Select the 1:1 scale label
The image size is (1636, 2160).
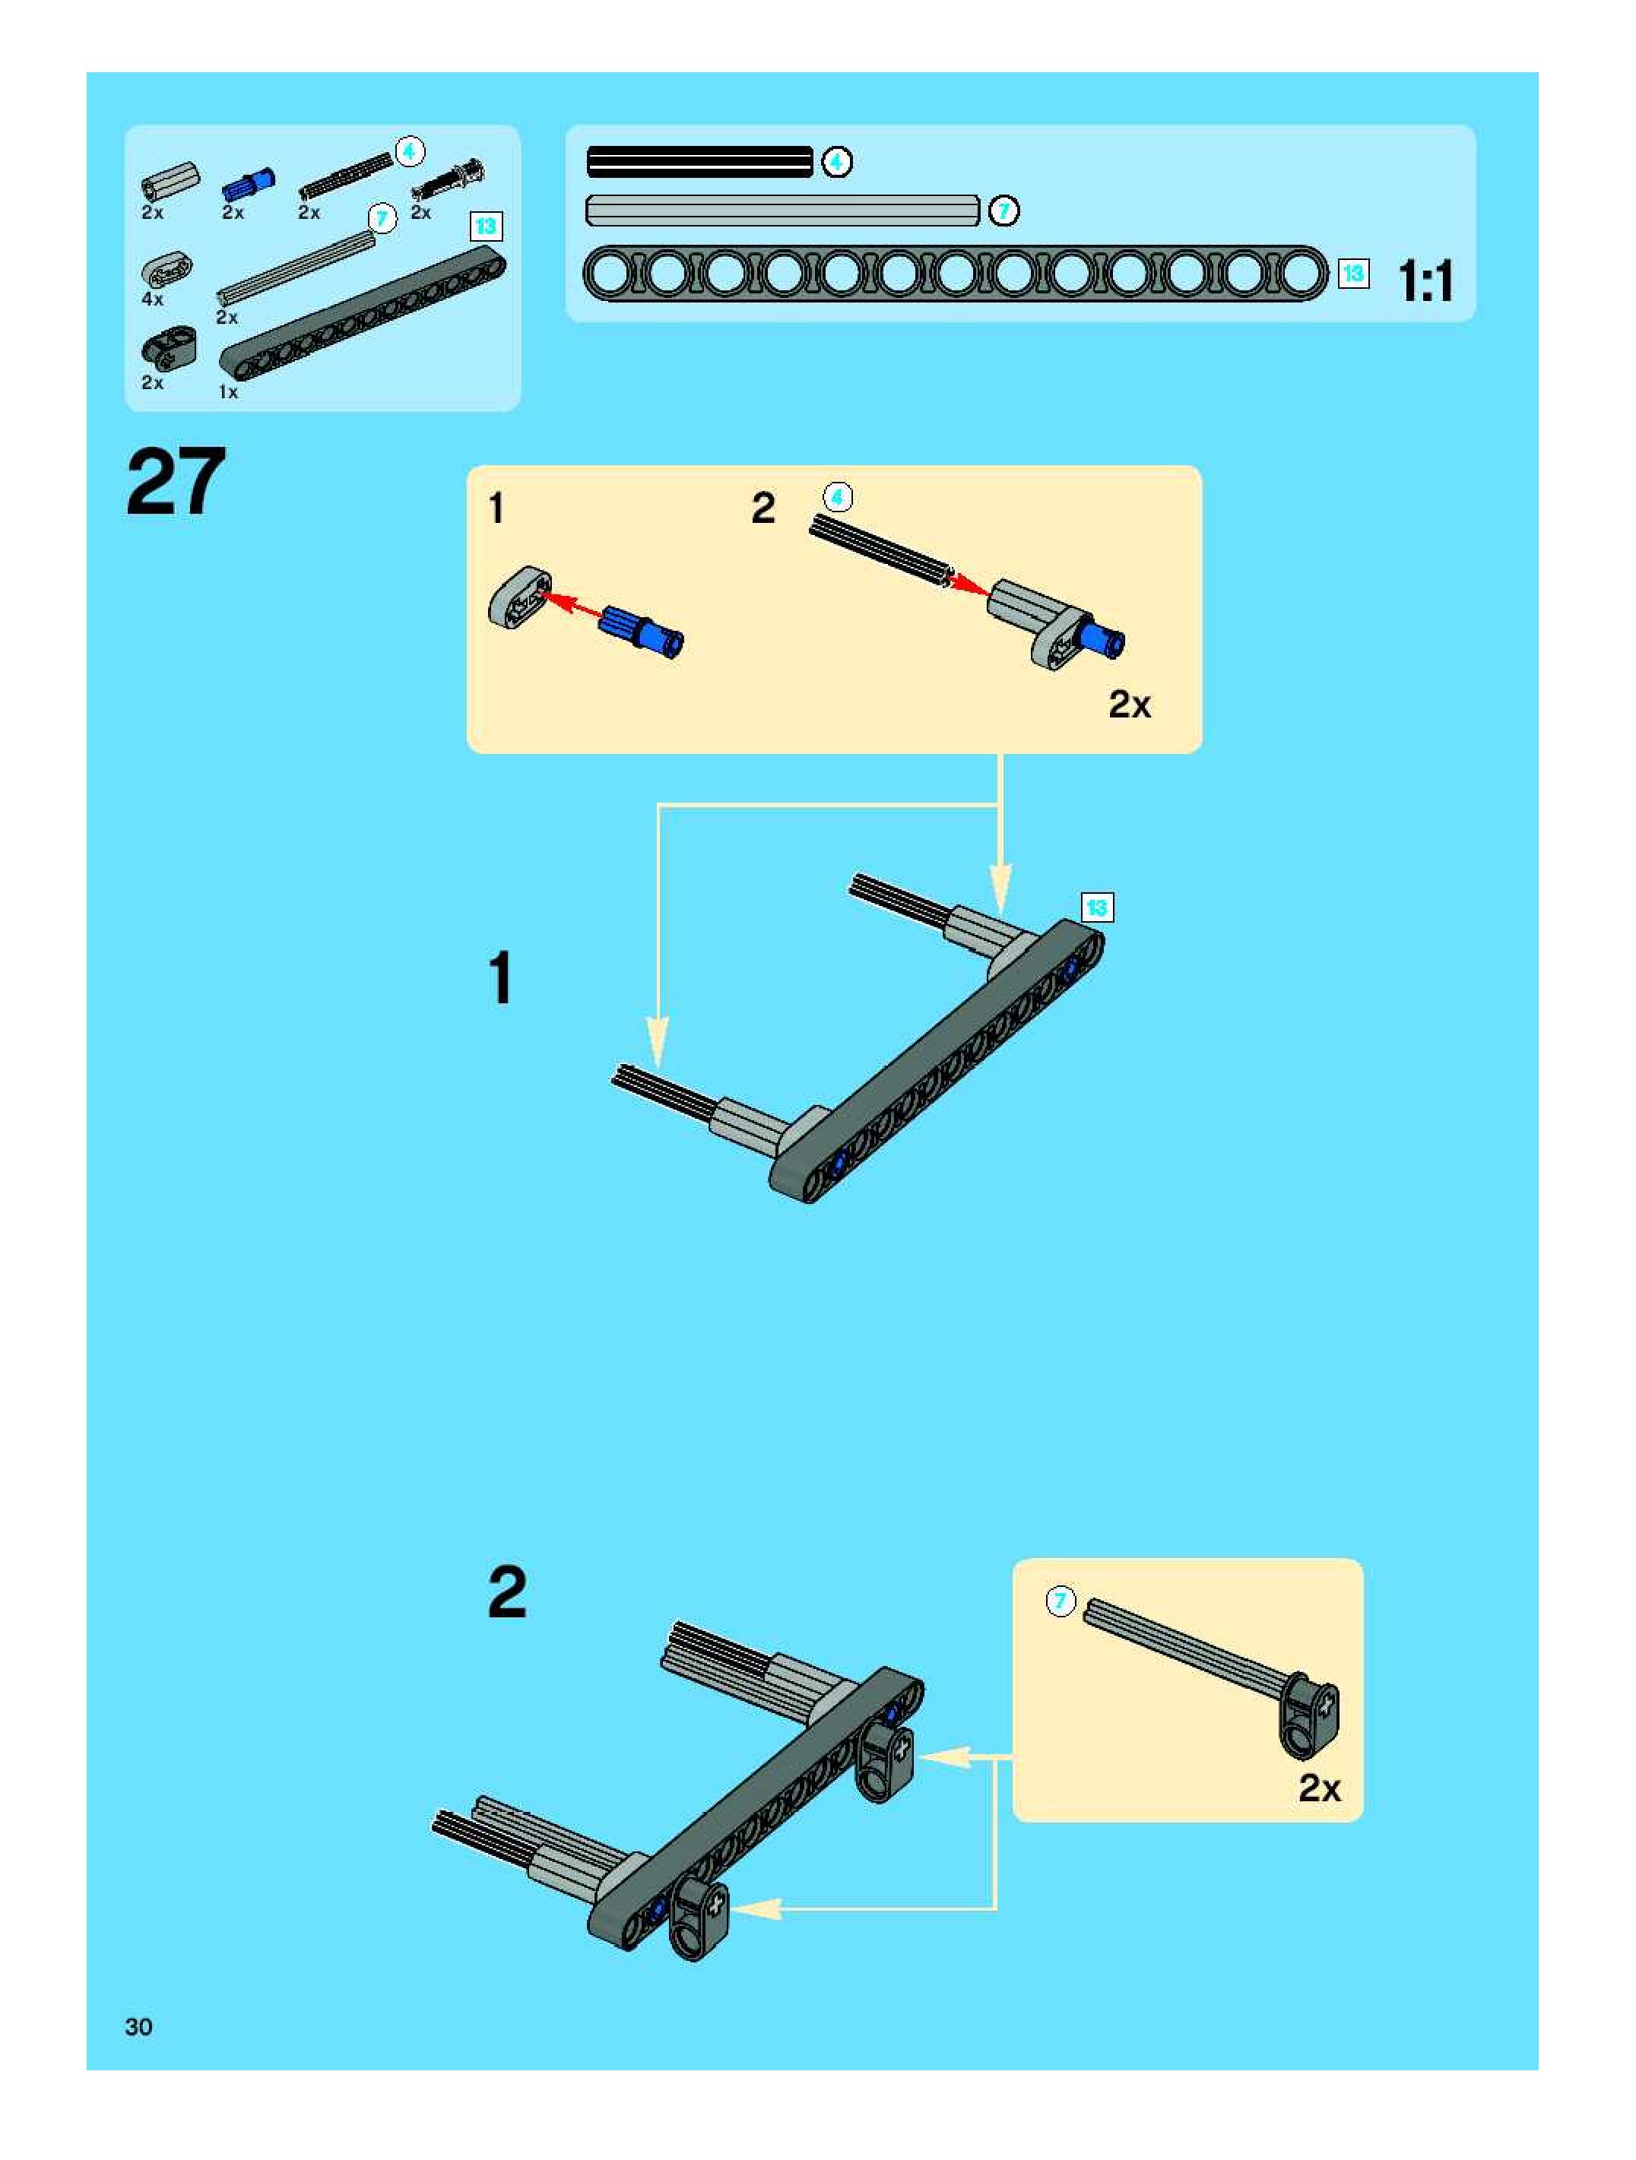coord(1426,281)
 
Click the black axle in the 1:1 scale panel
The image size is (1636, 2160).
coord(699,162)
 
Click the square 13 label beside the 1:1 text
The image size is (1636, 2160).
coord(1352,274)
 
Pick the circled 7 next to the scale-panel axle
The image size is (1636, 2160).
coord(1003,211)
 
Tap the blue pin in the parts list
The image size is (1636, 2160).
coord(248,184)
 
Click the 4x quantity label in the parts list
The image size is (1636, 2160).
coord(152,299)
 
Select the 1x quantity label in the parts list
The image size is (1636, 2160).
coord(227,391)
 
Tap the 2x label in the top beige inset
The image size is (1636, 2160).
coord(1129,704)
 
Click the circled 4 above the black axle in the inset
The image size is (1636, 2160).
coord(837,497)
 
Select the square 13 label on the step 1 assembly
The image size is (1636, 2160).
coord(1097,907)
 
